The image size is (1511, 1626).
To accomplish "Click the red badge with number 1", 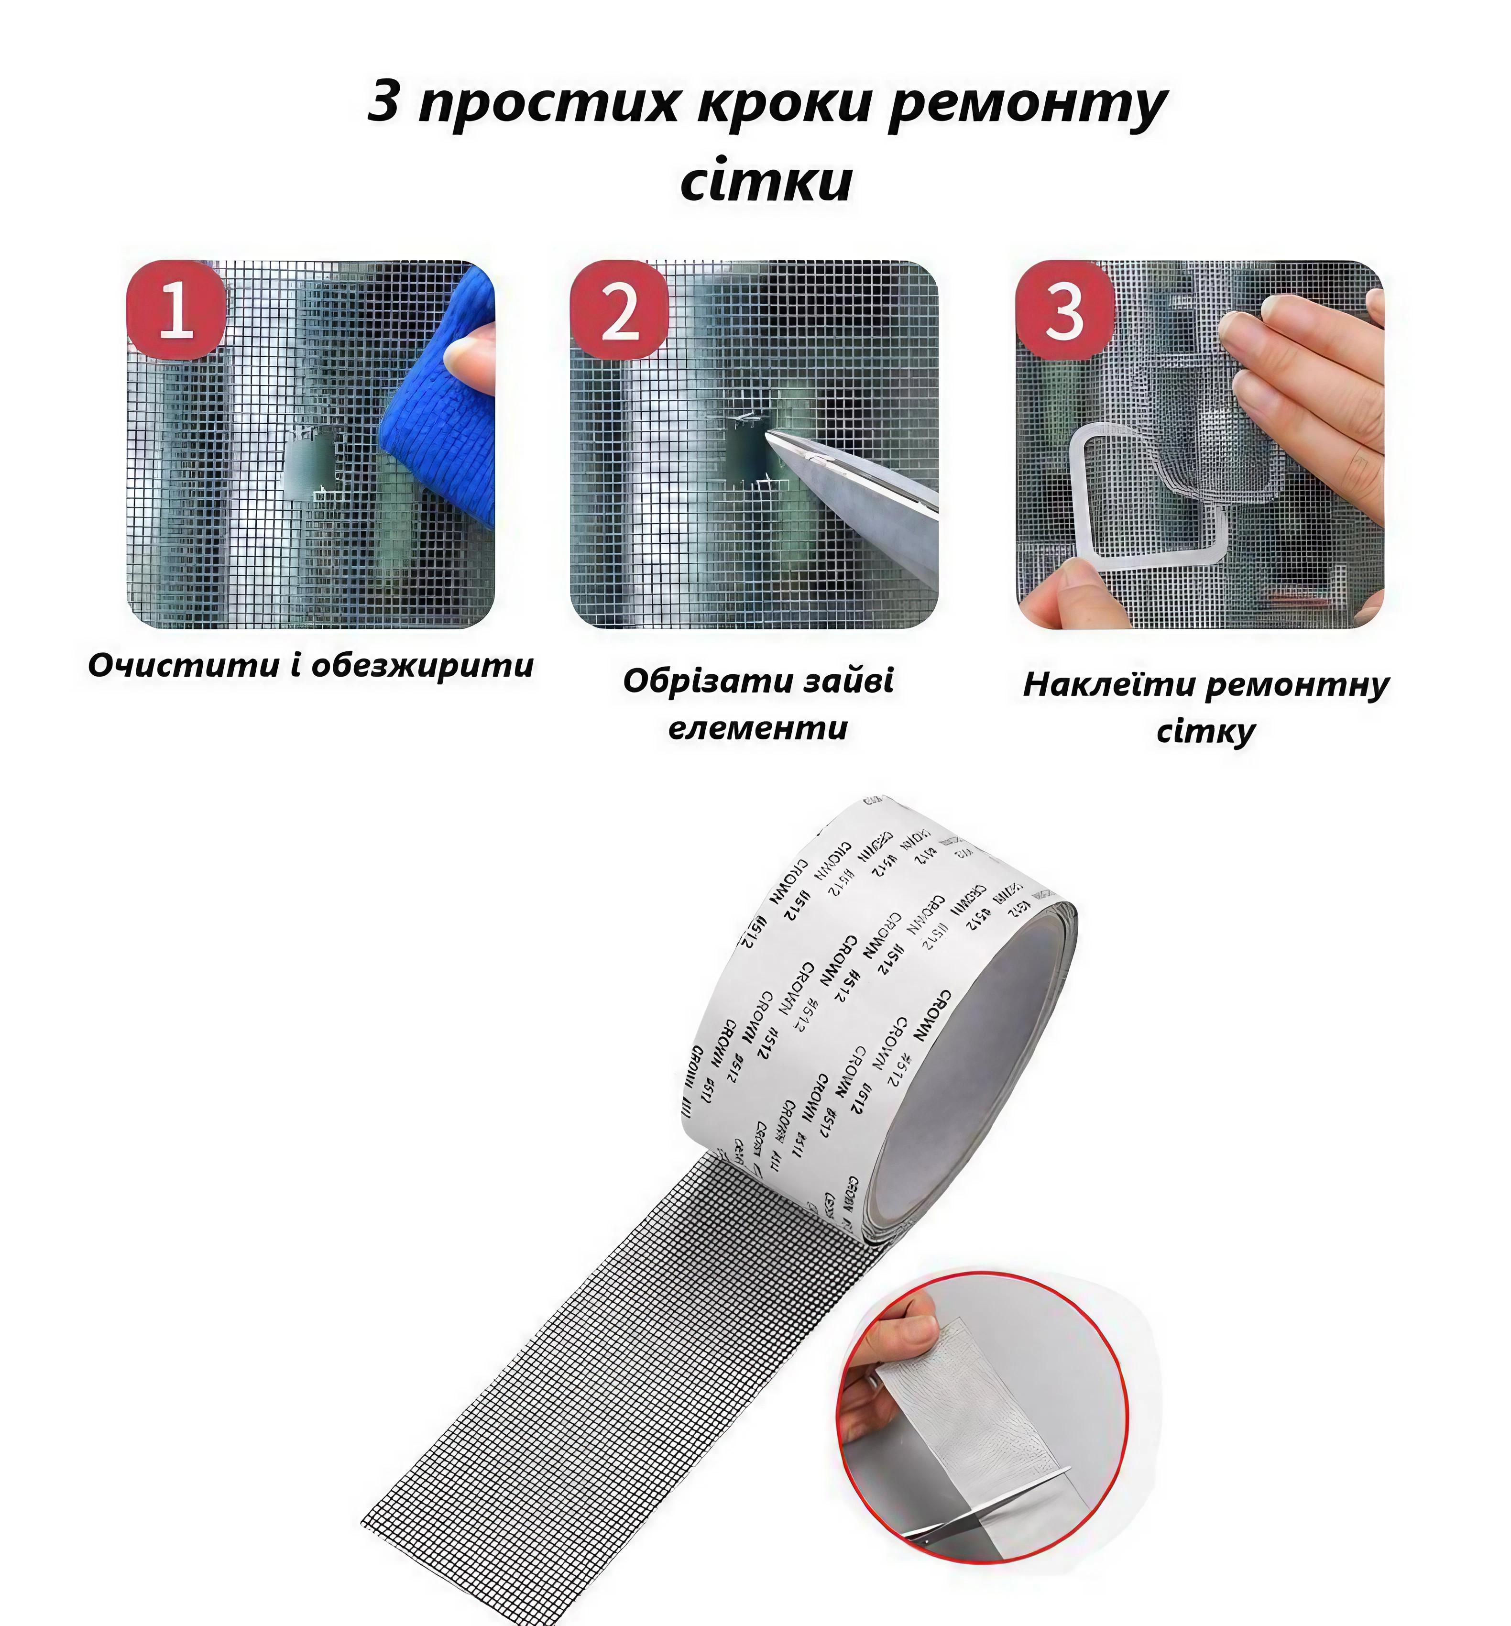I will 176,310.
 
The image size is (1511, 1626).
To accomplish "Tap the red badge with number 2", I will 620,310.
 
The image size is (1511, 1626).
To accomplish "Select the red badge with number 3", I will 1064,310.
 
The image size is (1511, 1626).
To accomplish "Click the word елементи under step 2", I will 758,727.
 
